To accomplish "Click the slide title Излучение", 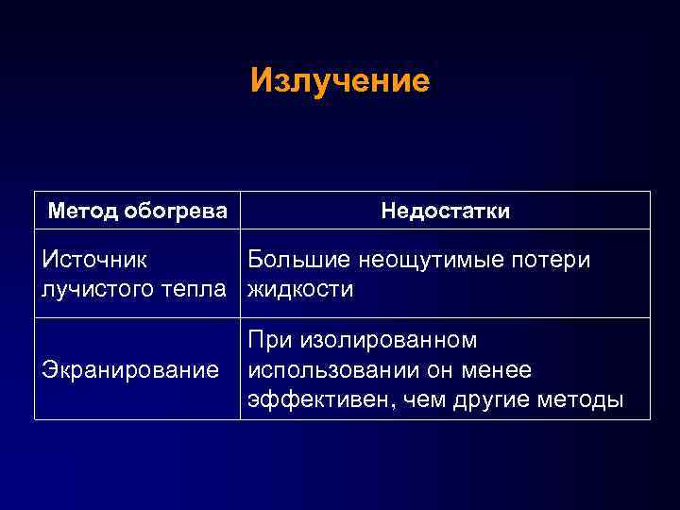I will click(340, 80).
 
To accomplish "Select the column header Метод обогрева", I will click(138, 211).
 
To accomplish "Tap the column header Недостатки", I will click(445, 211).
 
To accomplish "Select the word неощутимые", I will click(433, 260).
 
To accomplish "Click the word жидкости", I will click(300, 288).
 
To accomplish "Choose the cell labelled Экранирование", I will click(130, 369).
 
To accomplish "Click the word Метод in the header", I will click(83, 211).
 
